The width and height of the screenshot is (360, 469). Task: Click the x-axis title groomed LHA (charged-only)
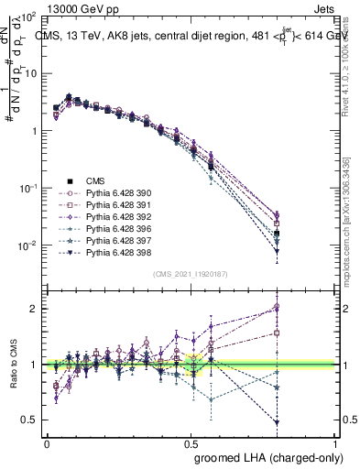point(265,456)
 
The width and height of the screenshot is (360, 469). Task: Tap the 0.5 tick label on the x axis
point(191,442)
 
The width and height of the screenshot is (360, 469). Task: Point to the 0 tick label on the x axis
point(47,442)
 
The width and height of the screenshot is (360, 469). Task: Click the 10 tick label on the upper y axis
point(27,73)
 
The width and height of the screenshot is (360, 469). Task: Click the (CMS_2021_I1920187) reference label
point(191,274)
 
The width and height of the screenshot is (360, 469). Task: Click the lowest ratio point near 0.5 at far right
point(328,422)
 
